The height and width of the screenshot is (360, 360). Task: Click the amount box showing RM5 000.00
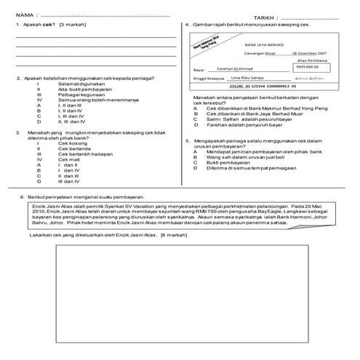(310, 66)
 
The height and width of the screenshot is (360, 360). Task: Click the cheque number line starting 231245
(260, 86)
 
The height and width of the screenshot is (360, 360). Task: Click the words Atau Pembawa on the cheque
(313, 60)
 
